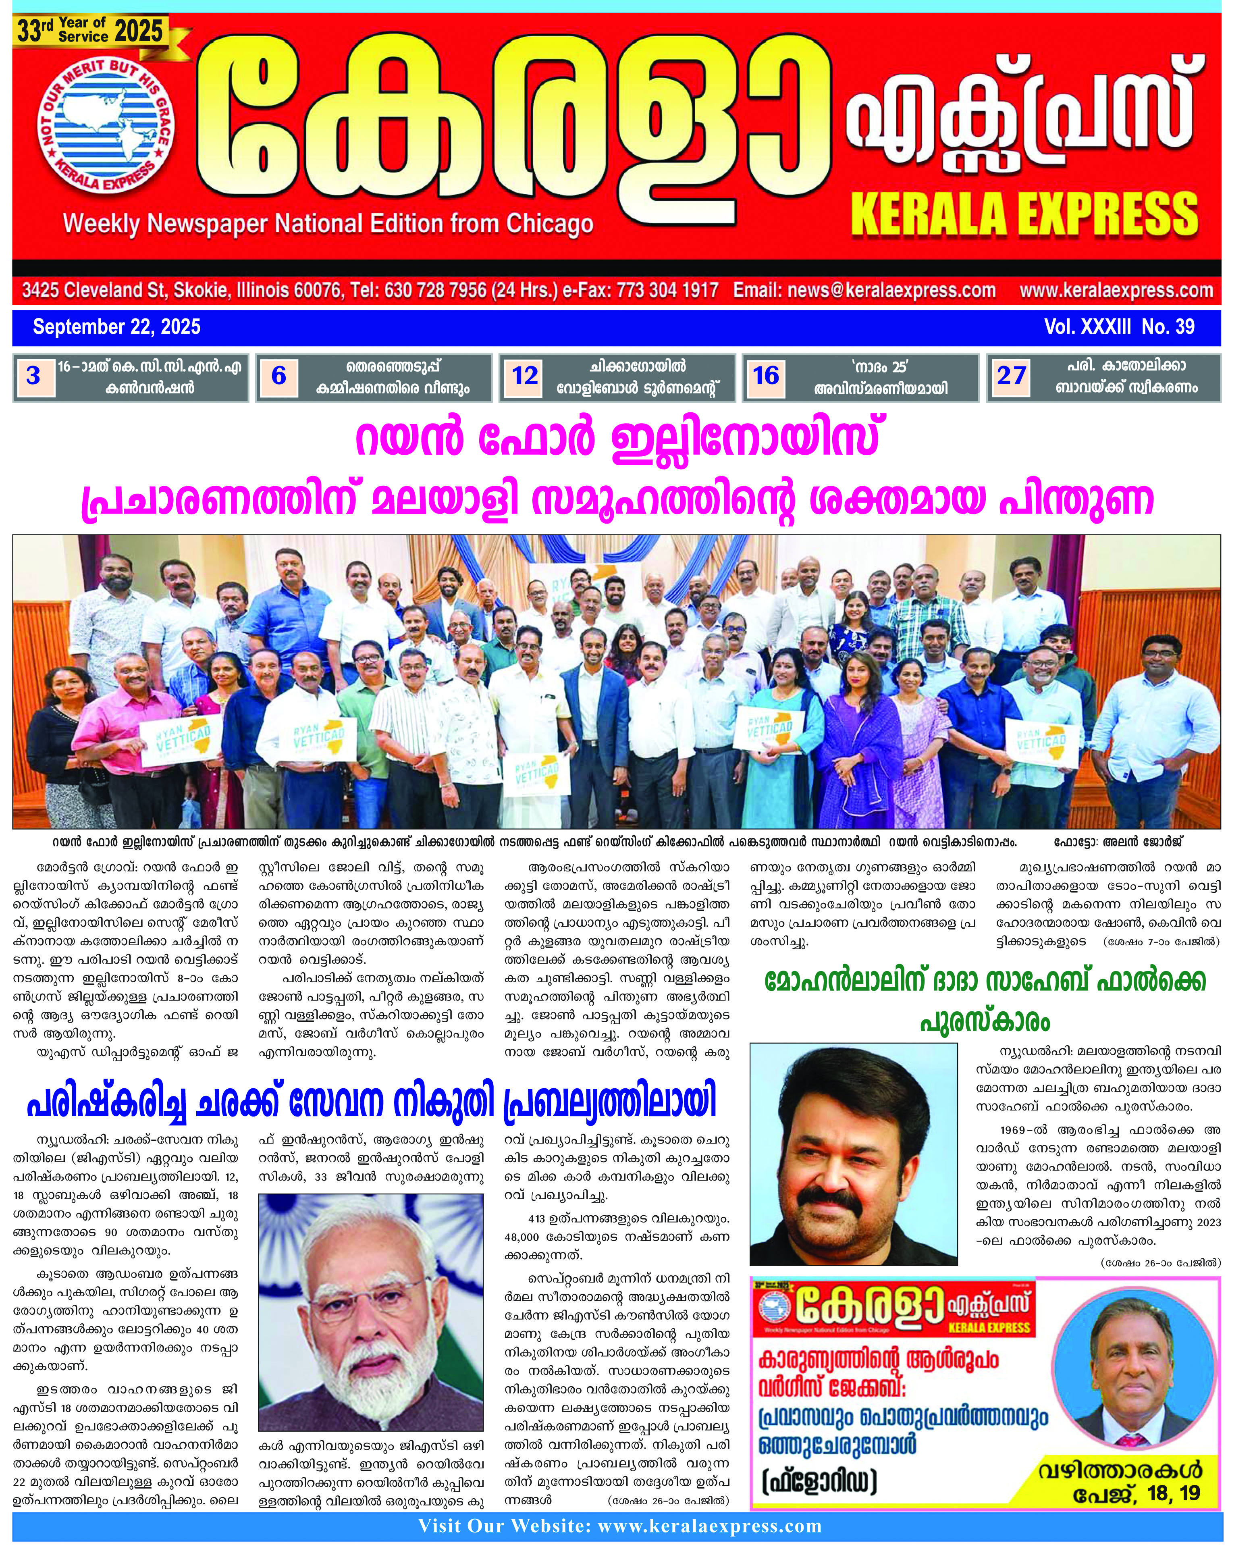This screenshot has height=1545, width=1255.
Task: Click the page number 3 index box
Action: click(33, 376)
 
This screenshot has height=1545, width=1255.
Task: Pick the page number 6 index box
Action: click(278, 376)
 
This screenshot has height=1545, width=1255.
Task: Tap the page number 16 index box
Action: click(766, 376)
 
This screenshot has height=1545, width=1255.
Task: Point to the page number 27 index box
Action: click(1011, 376)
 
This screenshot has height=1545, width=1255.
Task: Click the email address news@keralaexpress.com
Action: click(864, 291)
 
